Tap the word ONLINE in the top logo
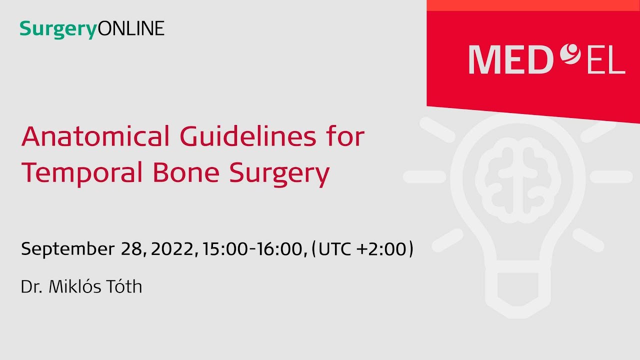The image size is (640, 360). (x=131, y=28)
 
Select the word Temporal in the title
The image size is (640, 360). (x=79, y=173)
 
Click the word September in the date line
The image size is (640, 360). (x=67, y=249)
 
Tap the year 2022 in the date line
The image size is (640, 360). (x=171, y=248)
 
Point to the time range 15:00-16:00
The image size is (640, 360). (x=254, y=248)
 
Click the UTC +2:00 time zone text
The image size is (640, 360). (x=362, y=248)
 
